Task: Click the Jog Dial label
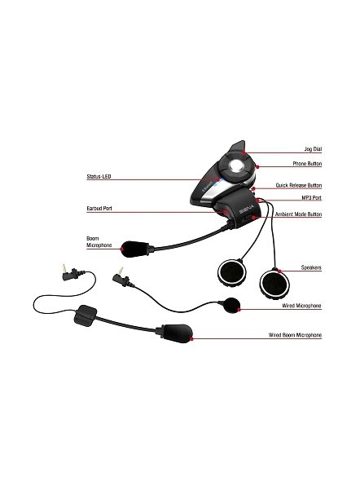point(313,149)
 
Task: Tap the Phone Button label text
point(307,164)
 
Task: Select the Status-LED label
point(99,177)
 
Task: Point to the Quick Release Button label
point(298,186)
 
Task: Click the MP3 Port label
point(312,198)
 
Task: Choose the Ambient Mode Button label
point(298,214)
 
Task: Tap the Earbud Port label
point(99,209)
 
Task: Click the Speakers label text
point(311,267)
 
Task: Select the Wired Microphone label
point(301,306)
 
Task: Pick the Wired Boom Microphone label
point(295,335)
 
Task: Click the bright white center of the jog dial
point(236,165)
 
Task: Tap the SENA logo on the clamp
point(247,210)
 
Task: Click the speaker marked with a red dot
point(275,284)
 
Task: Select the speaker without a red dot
point(231,273)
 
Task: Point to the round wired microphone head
point(231,305)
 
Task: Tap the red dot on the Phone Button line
point(257,167)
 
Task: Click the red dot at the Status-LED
point(218,179)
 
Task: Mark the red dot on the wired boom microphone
point(191,338)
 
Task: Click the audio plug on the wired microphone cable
point(121,277)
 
